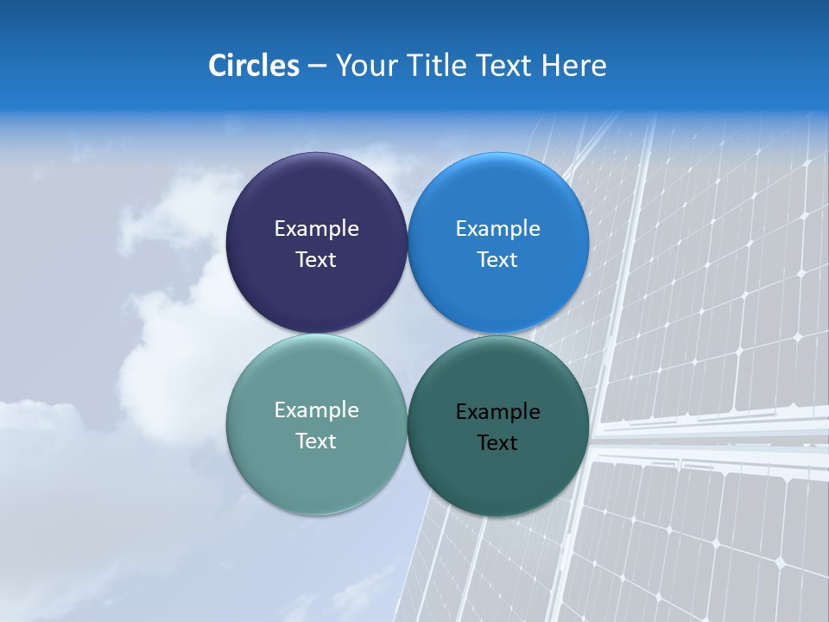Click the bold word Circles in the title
[254, 66]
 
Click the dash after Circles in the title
[317, 67]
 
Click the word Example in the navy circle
[316, 229]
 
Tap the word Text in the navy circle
[316, 260]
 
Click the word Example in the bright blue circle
[497, 229]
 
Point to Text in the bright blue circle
[497, 260]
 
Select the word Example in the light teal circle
[316, 410]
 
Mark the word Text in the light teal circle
[316, 441]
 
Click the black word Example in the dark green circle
[497, 412]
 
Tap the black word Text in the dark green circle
[497, 443]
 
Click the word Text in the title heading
[505, 66]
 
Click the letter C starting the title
[217, 66]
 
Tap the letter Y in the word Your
[343, 66]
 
